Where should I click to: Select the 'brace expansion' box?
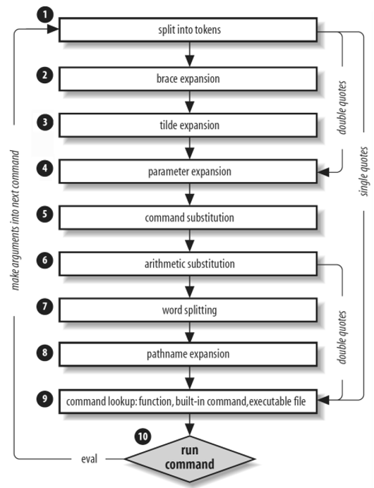(x=188, y=79)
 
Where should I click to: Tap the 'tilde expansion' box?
(x=188, y=126)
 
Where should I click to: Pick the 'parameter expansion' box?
(x=188, y=171)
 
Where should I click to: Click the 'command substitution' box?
(x=188, y=218)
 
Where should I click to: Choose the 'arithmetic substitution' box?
(x=188, y=264)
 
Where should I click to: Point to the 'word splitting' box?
(x=188, y=310)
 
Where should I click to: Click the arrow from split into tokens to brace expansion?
(x=188, y=56)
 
